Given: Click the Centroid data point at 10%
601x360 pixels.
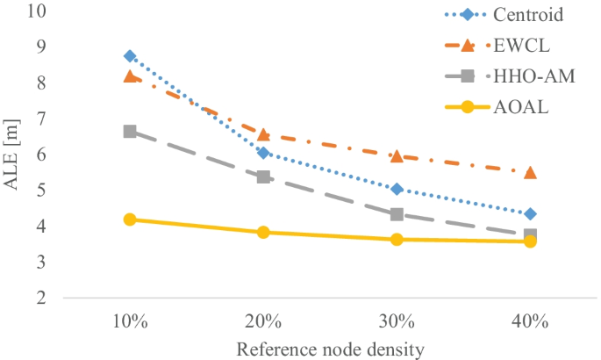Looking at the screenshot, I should coord(130,56).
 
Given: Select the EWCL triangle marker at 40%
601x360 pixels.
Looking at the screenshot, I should coord(530,172).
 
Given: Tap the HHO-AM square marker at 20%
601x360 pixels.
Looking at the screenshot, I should coord(263,176).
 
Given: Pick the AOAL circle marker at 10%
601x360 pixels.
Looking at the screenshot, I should coord(130,220).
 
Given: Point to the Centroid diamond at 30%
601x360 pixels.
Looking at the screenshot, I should coord(397,189).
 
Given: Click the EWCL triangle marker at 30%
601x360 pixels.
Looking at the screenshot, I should coord(397,155).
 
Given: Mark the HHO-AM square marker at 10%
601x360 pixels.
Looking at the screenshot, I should coord(130,132).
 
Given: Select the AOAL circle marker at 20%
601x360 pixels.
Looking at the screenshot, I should coord(263,232).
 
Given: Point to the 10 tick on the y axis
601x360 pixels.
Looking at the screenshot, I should coord(37,11).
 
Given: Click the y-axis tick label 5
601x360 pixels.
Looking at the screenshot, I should coord(40,191).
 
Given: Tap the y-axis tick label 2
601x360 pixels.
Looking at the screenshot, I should coord(40,299).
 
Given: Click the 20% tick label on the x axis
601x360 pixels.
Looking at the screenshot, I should coord(263,321).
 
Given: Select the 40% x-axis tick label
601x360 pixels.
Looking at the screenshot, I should coord(530,321).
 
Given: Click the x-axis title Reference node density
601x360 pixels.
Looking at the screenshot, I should coord(330,349).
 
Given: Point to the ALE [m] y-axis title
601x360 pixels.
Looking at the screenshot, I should coord(11,155).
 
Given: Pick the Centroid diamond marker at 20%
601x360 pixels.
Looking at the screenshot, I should coord(263,153).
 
